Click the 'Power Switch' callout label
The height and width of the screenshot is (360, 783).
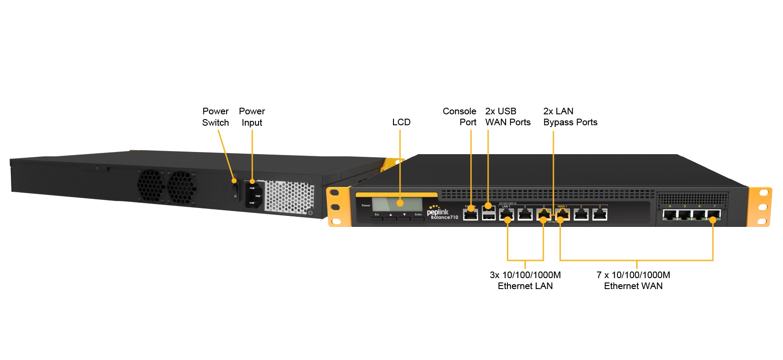click(215, 117)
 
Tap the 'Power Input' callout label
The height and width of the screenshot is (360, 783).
click(252, 117)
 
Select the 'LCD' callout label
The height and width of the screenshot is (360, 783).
click(401, 122)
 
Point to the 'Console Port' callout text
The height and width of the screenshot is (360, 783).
click(459, 117)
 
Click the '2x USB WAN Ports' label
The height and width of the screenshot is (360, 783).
click(507, 117)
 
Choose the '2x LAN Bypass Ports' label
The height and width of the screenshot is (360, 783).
click(570, 117)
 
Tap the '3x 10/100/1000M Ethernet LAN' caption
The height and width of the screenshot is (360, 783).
click(525, 280)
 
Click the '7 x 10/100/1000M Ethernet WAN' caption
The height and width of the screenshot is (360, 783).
click(633, 280)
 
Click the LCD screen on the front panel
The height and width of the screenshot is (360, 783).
click(397, 204)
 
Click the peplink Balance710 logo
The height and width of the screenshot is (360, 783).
click(442, 213)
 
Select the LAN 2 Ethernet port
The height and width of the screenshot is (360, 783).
click(525, 215)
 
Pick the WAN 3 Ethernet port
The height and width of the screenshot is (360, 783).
click(600, 215)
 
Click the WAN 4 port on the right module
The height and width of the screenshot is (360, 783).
click(670, 215)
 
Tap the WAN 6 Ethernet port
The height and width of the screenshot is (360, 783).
click(699, 215)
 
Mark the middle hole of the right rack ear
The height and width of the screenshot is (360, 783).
click(763, 207)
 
